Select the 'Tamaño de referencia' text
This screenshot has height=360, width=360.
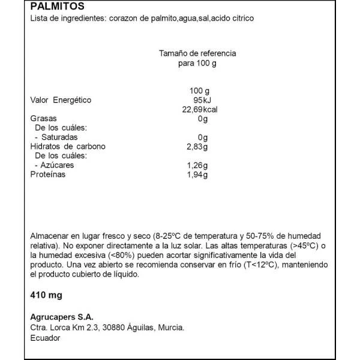[x=197, y=53]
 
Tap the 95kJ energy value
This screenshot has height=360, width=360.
[x=199, y=100]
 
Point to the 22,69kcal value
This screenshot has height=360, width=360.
[x=199, y=109]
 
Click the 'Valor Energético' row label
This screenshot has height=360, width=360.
[x=61, y=100]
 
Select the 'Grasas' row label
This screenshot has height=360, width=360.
[x=43, y=119]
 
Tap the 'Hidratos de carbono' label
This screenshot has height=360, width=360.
[x=68, y=147]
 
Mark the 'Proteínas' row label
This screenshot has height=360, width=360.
[x=47, y=175]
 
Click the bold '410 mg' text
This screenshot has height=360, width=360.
[x=46, y=295]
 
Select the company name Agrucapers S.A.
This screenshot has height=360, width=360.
[x=62, y=317]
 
